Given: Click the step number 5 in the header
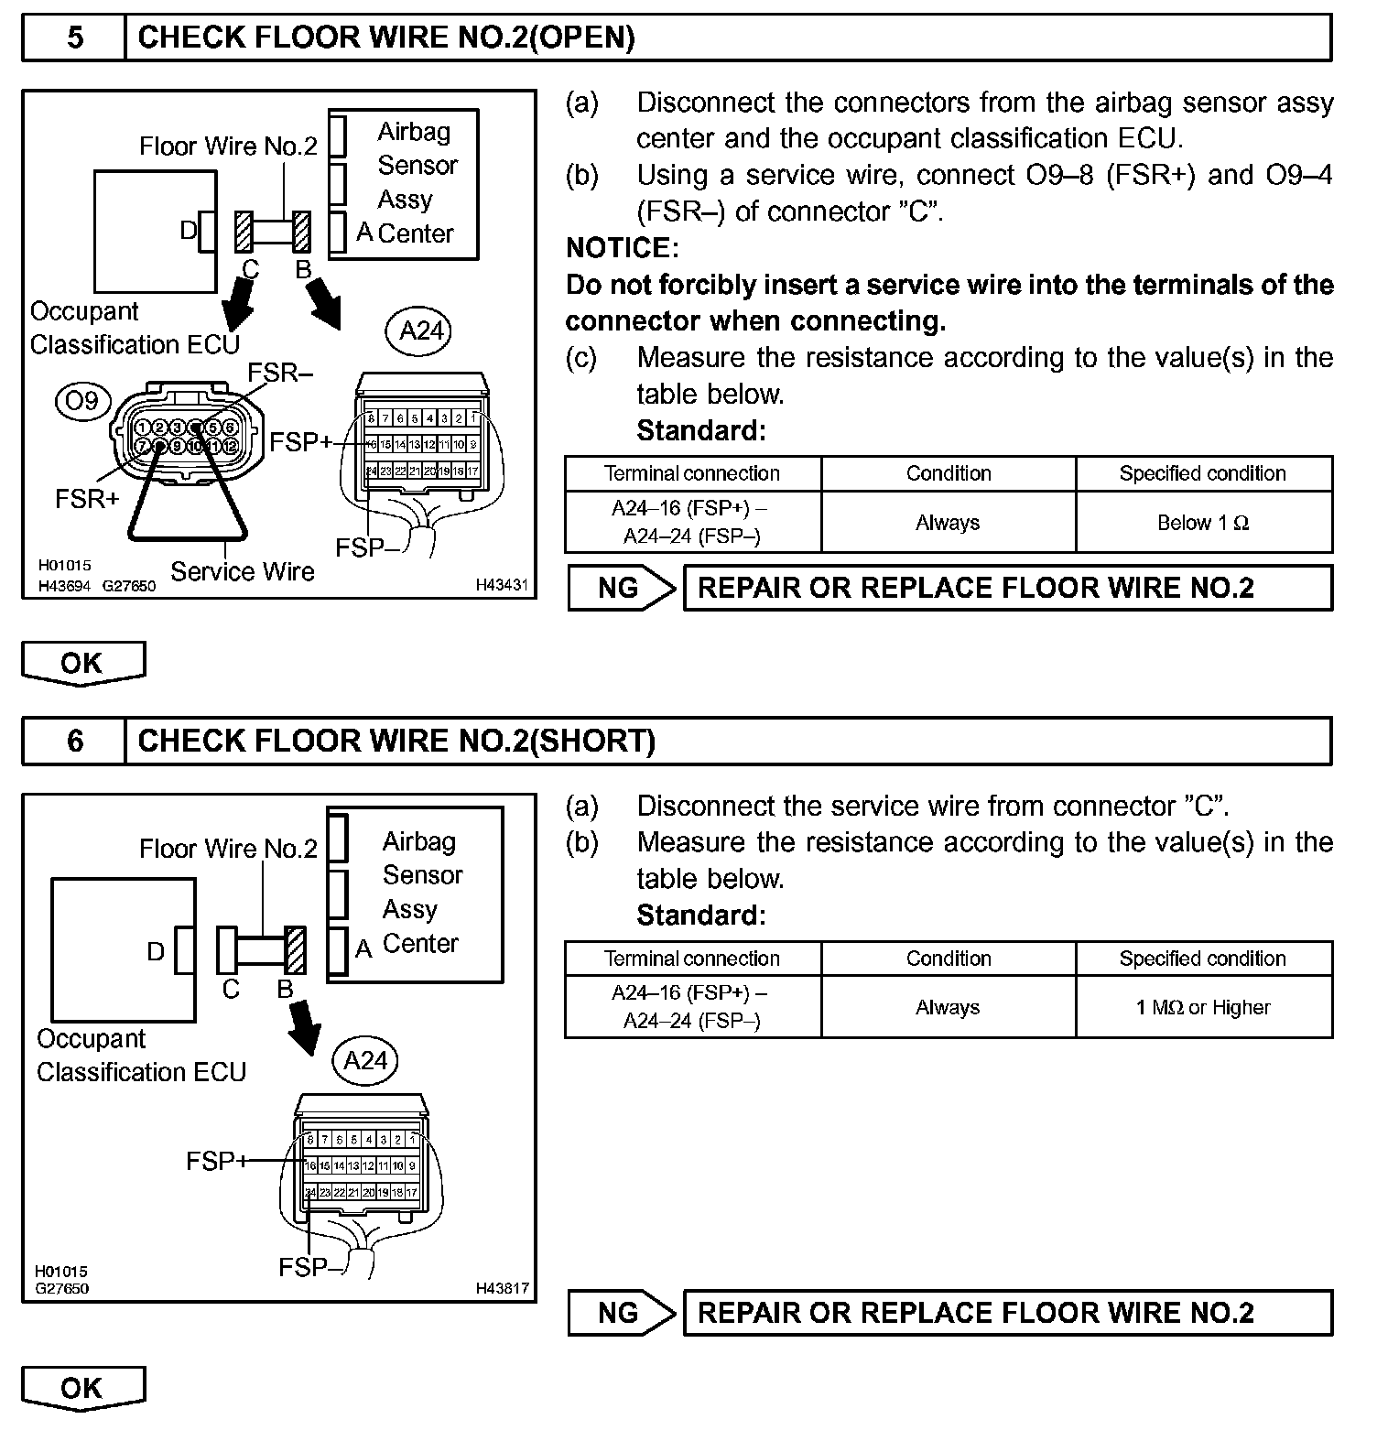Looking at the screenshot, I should (x=75, y=38).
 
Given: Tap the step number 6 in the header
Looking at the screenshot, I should (x=75, y=741).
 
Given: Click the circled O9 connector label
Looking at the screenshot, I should (x=81, y=401).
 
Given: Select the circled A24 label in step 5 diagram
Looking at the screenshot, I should (x=420, y=330).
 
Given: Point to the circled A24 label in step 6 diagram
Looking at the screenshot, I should (x=365, y=1060).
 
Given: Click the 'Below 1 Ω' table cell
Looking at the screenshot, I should (x=1203, y=523).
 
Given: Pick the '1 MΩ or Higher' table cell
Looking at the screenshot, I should (x=1203, y=1007).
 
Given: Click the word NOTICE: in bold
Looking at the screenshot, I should (x=623, y=248).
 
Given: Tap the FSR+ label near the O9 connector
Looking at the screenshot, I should (x=87, y=500).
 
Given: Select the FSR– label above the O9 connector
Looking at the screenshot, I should (x=281, y=373).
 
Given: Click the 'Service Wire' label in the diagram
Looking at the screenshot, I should (x=243, y=572).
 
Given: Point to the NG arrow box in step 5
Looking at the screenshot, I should (x=621, y=588).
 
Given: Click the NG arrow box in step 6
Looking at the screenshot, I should (x=621, y=1313).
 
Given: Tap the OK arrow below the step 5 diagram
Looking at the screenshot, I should (x=82, y=663).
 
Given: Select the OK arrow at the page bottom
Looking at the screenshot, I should (x=82, y=1388).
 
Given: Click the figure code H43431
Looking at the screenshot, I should (x=502, y=584).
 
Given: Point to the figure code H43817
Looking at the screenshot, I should (x=502, y=1288).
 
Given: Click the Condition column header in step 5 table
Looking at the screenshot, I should (x=949, y=473).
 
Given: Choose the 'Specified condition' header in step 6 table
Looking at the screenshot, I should (x=1203, y=959).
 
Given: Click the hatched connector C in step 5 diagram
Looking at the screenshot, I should (x=244, y=233).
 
